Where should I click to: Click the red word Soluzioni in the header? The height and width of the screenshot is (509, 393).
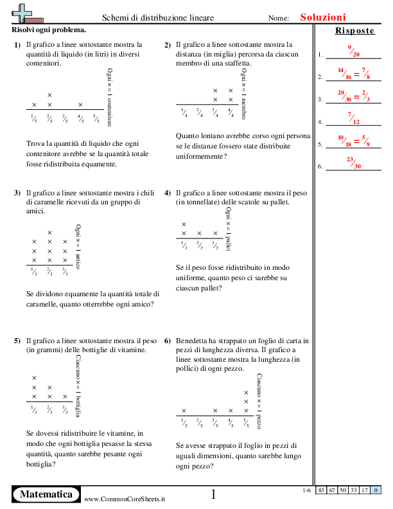(322, 18)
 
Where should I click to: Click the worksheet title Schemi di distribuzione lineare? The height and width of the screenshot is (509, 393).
(159, 19)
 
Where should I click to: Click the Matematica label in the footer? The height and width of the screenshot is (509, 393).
(46, 494)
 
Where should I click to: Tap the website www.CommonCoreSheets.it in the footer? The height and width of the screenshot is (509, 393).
(125, 499)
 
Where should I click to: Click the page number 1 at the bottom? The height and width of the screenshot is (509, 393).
(214, 494)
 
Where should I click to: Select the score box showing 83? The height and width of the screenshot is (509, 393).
(321, 490)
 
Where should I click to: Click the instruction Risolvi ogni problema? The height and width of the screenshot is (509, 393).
(49, 30)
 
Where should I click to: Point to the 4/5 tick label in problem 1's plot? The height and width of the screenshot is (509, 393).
(80, 118)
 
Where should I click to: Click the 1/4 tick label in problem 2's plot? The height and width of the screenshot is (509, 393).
(184, 113)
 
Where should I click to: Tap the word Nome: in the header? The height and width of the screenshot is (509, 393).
(279, 19)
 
